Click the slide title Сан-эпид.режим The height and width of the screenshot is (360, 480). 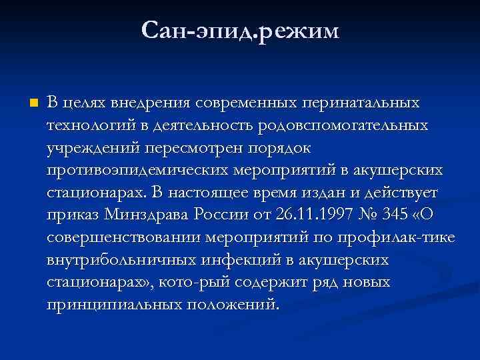[240, 31]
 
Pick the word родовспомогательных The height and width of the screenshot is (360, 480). [344, 125]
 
